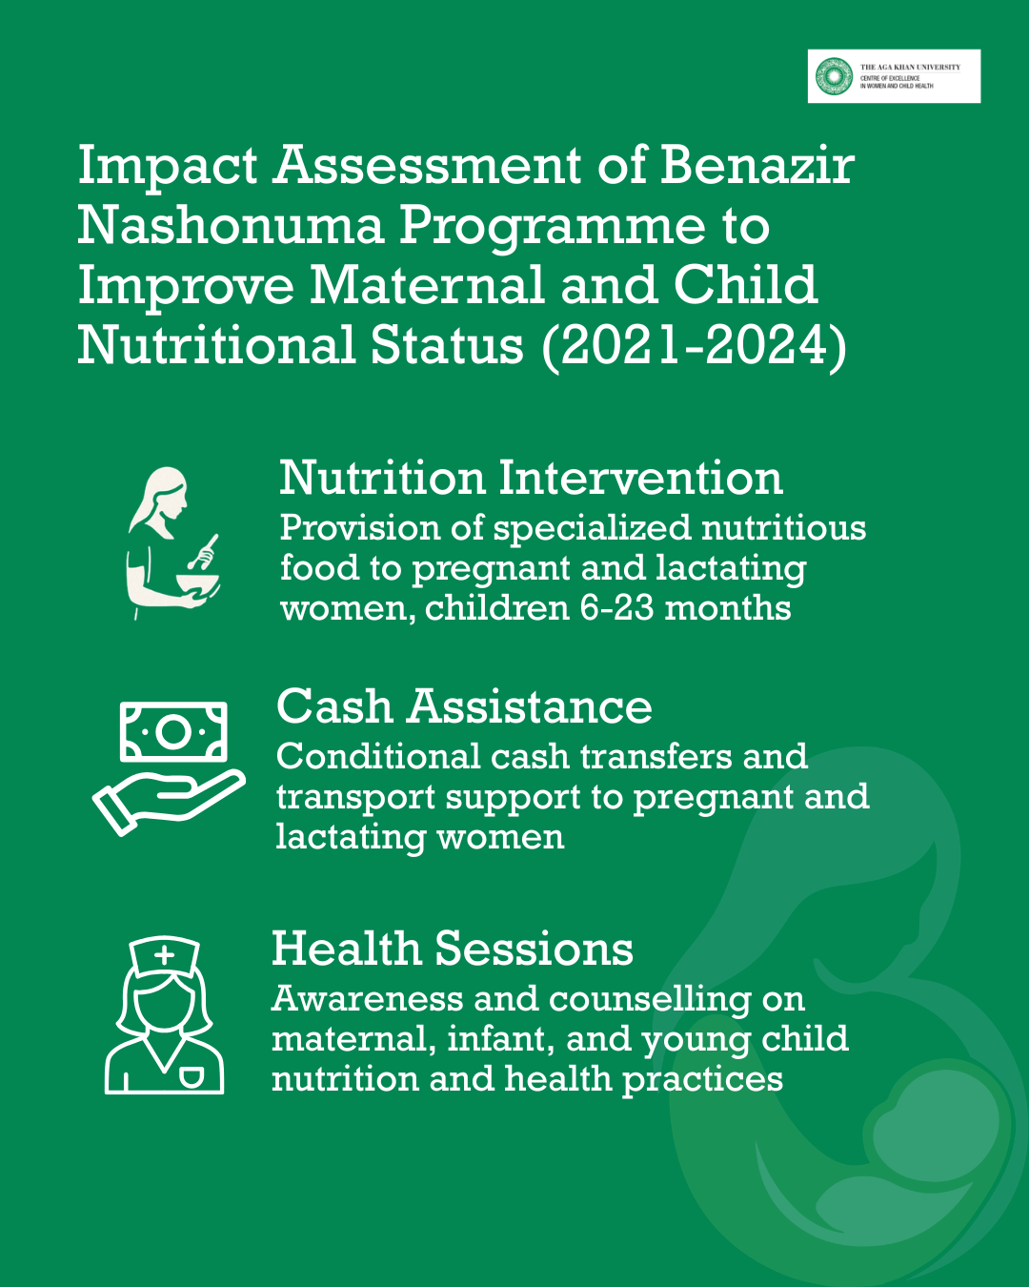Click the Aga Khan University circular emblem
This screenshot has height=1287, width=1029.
tap(834, 76)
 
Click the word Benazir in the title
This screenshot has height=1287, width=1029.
tap(757, 165)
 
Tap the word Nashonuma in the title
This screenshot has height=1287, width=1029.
tap(231, 226)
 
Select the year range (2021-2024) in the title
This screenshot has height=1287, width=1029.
tap(695, 347)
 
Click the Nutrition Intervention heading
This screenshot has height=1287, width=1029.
tap(531, 478)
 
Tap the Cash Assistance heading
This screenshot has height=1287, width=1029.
tap(464, 706)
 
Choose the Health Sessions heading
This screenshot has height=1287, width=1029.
tap(452, 949)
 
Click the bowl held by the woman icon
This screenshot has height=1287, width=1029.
tap(198, 584)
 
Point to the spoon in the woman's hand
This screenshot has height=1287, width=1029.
tap(203, 552)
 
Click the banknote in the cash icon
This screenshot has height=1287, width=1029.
tap(173, 732)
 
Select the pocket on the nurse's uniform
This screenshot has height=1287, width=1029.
tap(192, 1077)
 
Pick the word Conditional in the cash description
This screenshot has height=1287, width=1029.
tap(378, 757)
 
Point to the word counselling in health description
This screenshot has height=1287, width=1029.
tap(650, 999)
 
